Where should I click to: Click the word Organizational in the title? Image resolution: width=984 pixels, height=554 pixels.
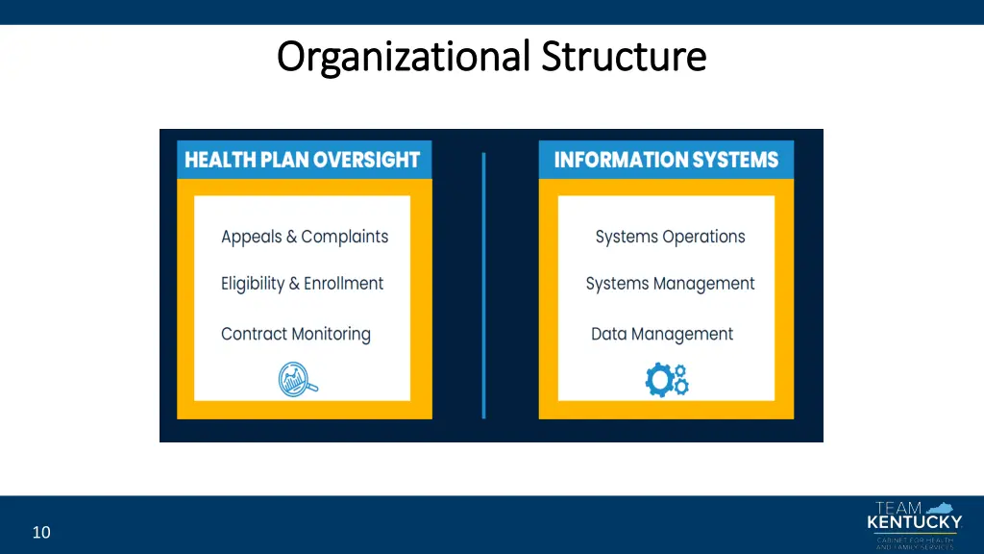pos(404,57)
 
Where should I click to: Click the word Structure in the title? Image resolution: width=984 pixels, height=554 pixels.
pos(624,56)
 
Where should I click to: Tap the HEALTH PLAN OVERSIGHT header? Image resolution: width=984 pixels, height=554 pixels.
pos(303,160)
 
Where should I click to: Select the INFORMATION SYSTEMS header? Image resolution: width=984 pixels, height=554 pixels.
pos(666,160)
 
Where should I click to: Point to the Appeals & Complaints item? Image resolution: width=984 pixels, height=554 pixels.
pos(305,237)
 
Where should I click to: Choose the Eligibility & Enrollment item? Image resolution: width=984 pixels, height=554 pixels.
pos(302,284)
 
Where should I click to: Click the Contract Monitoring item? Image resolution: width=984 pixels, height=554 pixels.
pos(295,334)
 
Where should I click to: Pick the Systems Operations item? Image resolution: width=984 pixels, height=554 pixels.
pos(670,237)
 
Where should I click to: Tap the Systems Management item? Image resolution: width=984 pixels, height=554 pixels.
pos(670,284)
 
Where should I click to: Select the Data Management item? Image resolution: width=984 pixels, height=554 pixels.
pos(662,334)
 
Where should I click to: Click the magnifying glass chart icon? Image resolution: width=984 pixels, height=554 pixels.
pos(297,379)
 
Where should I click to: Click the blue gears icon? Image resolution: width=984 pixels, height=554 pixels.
pos(667,379)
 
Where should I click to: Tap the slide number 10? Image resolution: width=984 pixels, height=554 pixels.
pos(41,532)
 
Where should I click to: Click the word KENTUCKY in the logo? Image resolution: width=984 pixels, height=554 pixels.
pos(914,523)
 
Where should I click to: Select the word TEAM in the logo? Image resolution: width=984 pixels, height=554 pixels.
pos(898,508)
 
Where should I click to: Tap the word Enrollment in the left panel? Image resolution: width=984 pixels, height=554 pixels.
pos(343,284)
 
